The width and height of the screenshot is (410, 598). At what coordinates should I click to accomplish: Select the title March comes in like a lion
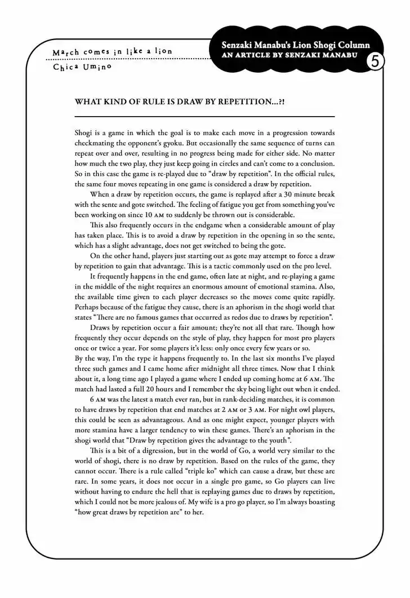(112, 51)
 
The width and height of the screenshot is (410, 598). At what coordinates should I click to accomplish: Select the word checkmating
(96, 143)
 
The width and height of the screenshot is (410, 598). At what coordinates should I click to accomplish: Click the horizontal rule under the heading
(204, 116)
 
